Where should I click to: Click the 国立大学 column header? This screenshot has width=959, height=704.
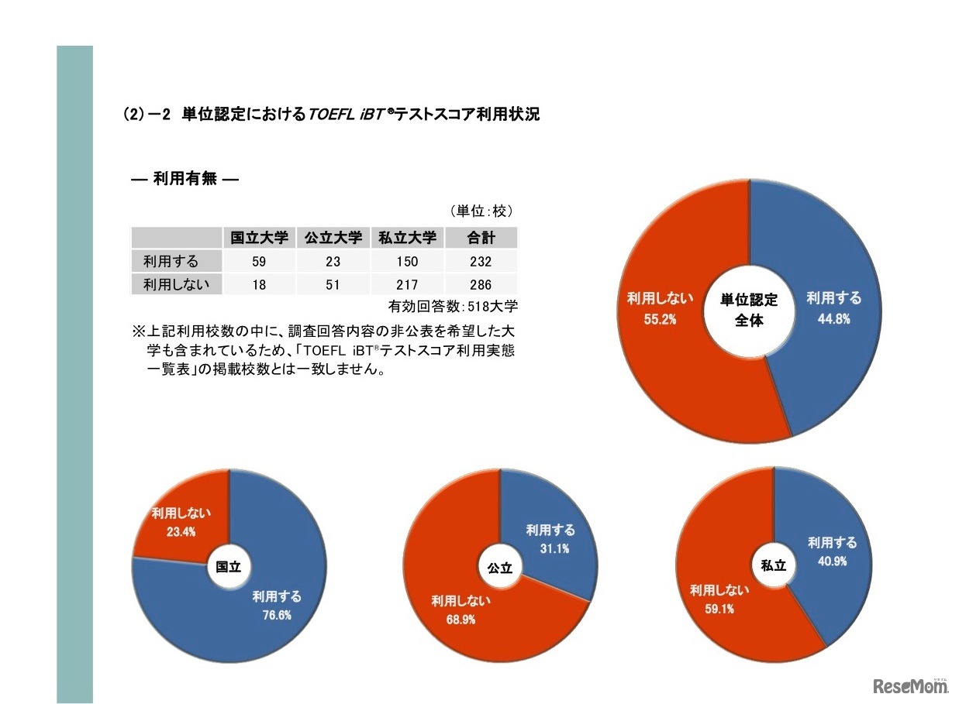point(260,238)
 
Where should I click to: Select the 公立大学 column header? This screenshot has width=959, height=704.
point(333,238)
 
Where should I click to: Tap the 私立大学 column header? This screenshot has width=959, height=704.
point(408,238)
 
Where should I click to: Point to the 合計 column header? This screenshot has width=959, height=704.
point(481,238)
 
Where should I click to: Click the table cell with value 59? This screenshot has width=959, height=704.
point(260,262)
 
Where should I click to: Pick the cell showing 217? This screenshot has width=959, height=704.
point(408,285)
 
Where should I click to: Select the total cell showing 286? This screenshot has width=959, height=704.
point(481,285)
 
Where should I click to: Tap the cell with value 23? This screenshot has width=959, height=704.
point(333,262)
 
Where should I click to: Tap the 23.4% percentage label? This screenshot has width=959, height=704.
point(181,531)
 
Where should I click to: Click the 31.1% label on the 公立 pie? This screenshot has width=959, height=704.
point(551,548)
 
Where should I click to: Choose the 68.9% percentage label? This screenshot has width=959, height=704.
point(461,619)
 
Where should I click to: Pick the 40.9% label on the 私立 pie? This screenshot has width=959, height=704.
point(832,561)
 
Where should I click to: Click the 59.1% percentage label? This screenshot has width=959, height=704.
point(719,609)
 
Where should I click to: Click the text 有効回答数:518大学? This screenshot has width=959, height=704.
point(453,306)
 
